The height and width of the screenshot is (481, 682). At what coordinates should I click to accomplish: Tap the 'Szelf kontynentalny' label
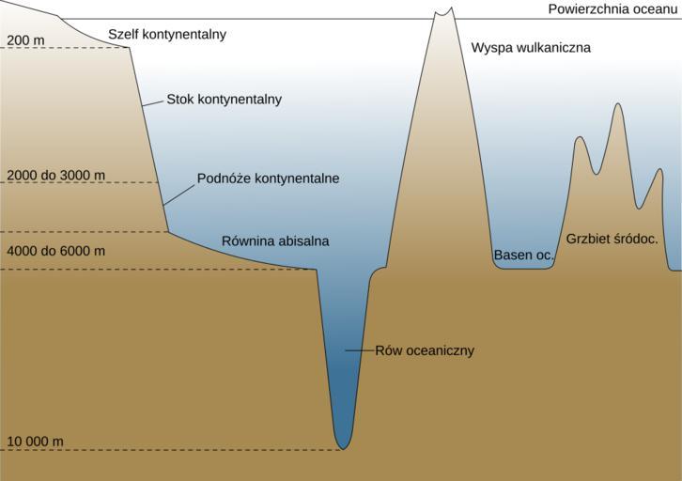[x=167, y=35]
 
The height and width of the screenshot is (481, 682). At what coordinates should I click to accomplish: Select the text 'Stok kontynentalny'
[x=225, y=99]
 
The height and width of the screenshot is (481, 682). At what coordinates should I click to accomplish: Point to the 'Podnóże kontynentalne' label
[x=268, y=178]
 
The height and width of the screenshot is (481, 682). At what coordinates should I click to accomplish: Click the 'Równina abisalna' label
[x=275, y=241]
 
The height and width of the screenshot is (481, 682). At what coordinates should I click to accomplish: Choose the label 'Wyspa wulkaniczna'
[x=531, y=47]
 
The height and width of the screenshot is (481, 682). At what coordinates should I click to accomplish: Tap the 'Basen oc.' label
[x=523, y=255]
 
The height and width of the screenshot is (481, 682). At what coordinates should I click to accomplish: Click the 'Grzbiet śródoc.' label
[x=612, y=239]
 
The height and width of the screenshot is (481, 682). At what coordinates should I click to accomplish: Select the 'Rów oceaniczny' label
[x=425, y=351]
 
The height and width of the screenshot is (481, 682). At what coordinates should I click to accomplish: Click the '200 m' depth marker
[x=25, y=40]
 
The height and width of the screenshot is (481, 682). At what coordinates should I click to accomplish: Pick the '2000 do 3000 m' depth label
[x=55, y=176]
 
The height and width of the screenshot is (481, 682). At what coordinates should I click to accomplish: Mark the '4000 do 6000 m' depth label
[x=55, y=251]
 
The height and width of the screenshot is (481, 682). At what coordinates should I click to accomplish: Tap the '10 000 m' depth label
[x=35, y=442]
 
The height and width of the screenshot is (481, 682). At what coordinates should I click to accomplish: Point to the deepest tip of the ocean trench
[x=343, y=447]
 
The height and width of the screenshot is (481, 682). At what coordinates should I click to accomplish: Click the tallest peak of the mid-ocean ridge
[x=617, y=104]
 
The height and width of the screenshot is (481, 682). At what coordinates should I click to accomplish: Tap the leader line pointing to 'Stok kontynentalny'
[x=153, y=102]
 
